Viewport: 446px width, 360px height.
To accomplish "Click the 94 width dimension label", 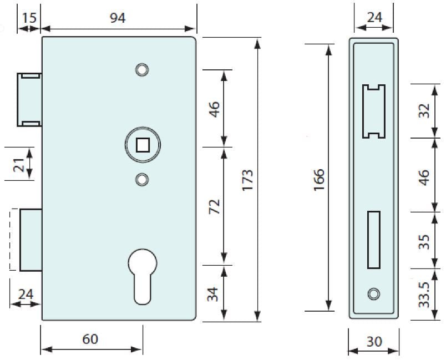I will click(x=117, y=18).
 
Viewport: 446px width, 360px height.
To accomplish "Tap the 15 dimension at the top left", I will click(x=29, y=18).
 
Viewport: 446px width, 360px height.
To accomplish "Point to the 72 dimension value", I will click(x=214, y=206).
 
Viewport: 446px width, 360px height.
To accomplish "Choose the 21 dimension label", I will click(x=19, y=164).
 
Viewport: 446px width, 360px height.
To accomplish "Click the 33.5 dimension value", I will click(x=424, y=294).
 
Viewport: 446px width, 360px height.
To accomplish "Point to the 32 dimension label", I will click(x=424, y=111).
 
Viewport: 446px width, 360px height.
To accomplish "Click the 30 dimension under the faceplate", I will click(x=374, y=342).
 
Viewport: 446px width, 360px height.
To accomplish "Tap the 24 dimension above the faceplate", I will click(x=374, y=18).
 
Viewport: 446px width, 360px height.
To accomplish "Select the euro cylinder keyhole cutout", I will click(x=143, y=275).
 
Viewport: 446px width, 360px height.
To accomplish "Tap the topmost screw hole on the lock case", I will click(x=143, y=69).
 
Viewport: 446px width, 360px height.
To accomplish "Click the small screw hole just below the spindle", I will click(x=143, y=179).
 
